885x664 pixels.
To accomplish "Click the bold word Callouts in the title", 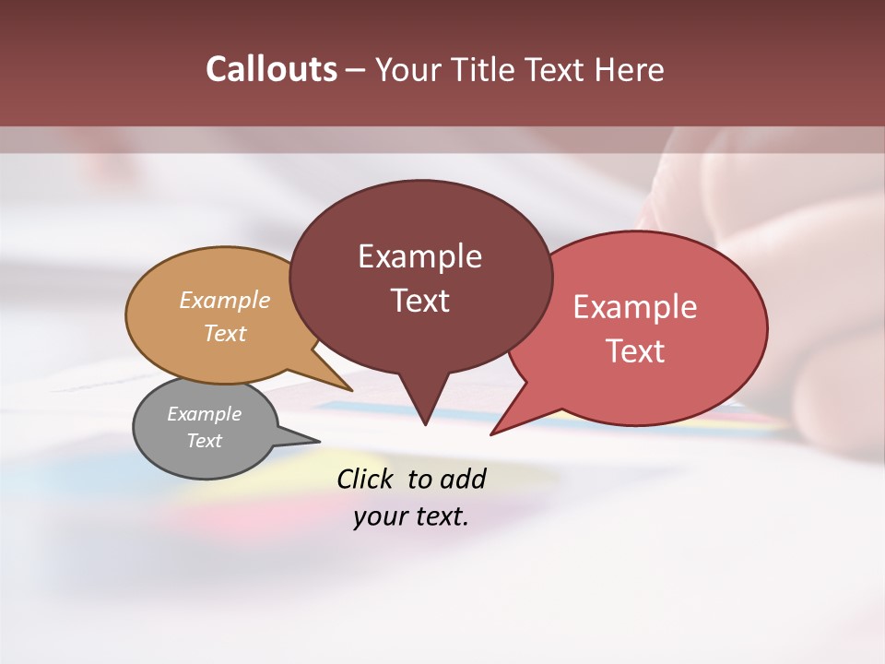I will point(271,69).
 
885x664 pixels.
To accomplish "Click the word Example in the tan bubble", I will point(225,300).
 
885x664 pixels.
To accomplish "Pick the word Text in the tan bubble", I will point(225,333).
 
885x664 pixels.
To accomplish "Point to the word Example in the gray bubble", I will point(205,414).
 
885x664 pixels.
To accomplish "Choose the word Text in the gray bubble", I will point(205,441).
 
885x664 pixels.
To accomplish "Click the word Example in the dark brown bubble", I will point(419,256).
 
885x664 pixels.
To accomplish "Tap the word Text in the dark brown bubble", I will point(419,301).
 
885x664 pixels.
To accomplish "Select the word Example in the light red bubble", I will point(635,307).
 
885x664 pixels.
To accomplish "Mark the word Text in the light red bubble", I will point(635,351).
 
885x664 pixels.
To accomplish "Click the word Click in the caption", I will point(365,479).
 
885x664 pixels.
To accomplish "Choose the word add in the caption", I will point(463,479).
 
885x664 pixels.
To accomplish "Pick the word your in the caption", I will point(381,517).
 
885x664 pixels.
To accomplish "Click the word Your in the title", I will point(408,69).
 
